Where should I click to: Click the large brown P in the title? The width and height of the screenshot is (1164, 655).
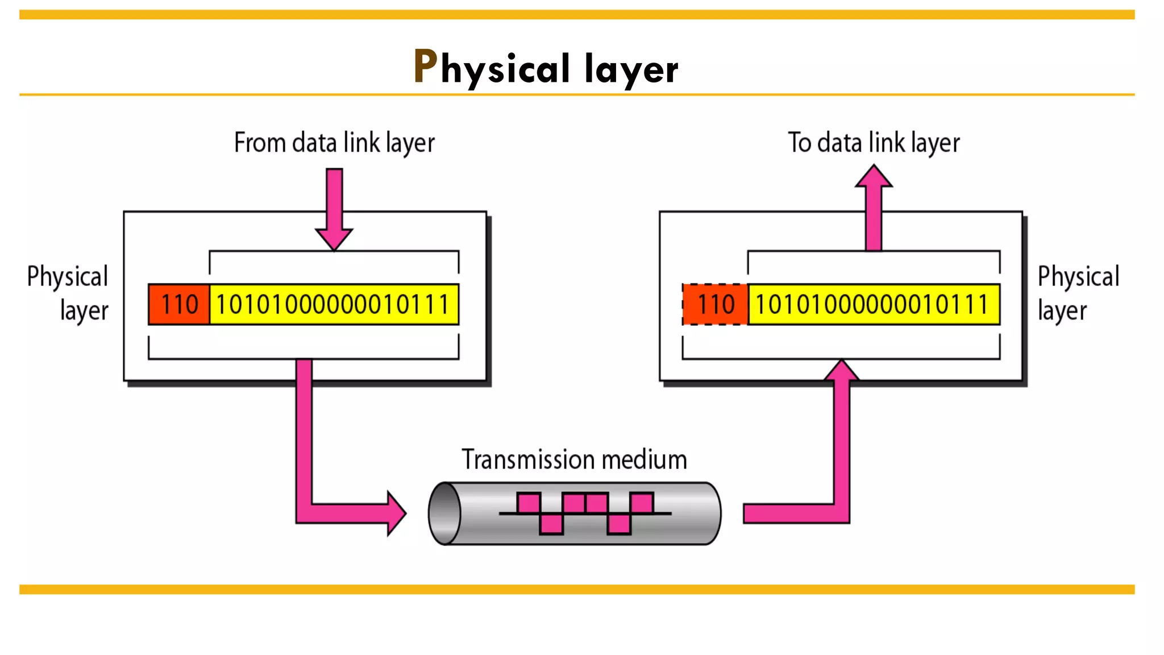click(x=425, y=67)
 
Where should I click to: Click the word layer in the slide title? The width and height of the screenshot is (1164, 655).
click(x=631, y=69)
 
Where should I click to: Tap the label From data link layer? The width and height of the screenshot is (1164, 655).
click(x=334, y=143)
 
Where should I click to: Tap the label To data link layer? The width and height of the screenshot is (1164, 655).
click(x=874, y=143)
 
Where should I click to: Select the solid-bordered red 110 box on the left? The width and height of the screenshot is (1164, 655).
click(x=179, y=304)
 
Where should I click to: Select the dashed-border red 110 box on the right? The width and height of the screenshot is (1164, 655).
click(x=715, y=304)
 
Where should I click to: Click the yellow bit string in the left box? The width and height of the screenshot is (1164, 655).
click(x=334, y=304)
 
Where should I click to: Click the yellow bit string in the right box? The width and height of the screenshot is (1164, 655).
click(x=874, y=304)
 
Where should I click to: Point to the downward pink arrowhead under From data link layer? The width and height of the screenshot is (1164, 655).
click(x=334, y=238)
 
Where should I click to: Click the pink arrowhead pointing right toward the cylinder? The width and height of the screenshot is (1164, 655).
click(x=396, y=513)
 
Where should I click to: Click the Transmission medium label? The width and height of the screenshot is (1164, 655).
click(x=574, y=459)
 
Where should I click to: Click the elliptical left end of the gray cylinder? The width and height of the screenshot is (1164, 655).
click(x=445, y=513)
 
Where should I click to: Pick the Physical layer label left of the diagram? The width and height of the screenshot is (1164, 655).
click(x=68, y=293)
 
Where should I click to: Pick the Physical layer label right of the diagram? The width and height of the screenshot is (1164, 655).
click(x=1078, y=293)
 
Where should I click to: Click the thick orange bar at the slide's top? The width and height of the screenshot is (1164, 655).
click(x=576, y=15)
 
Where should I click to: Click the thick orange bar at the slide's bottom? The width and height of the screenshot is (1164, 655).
click(x=576, y=590)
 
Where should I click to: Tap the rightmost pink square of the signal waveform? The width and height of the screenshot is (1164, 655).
click(x=642, y=503)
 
